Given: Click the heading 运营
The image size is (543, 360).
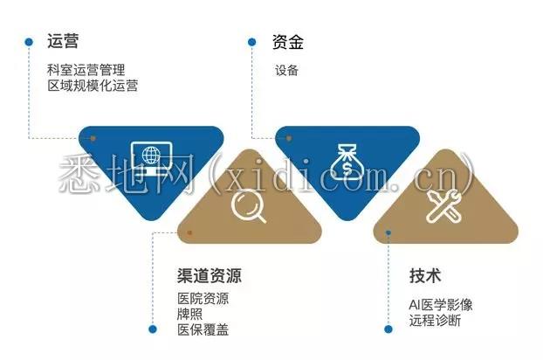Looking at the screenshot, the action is click(x=63, y=41).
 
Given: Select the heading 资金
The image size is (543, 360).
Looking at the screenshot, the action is click(x=288, y=42).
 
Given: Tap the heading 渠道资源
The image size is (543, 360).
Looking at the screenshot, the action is click(x=210, y=276).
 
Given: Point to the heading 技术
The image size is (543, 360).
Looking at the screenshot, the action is click(x=425, y=276).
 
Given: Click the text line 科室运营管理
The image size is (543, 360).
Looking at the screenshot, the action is click(x=86, y=70).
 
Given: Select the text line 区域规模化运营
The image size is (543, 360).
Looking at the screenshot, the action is click(x=93, y=86).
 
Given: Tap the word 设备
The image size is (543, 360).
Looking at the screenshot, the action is click(x=286, y=71).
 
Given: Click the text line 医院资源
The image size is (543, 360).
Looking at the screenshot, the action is click(x=203, y=299).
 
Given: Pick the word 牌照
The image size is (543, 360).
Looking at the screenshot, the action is click(x=189, y=315).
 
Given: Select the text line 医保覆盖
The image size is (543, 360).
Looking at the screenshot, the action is click(x=203, y=330).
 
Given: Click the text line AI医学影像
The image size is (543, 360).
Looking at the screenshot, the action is click(x=441, y=305).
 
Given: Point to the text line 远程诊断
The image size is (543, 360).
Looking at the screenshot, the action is click(x=435, y=321).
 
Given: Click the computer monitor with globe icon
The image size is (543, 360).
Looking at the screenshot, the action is click(x=151, y=159).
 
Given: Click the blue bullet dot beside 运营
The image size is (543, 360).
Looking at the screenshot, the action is click(x=29, y=42).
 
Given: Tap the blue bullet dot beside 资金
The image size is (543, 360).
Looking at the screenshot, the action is click(x=252, y=42).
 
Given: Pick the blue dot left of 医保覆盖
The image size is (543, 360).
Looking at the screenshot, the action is click(x=153, y=329).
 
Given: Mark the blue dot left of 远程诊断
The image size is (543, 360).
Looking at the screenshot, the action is click(x=388, y=329).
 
